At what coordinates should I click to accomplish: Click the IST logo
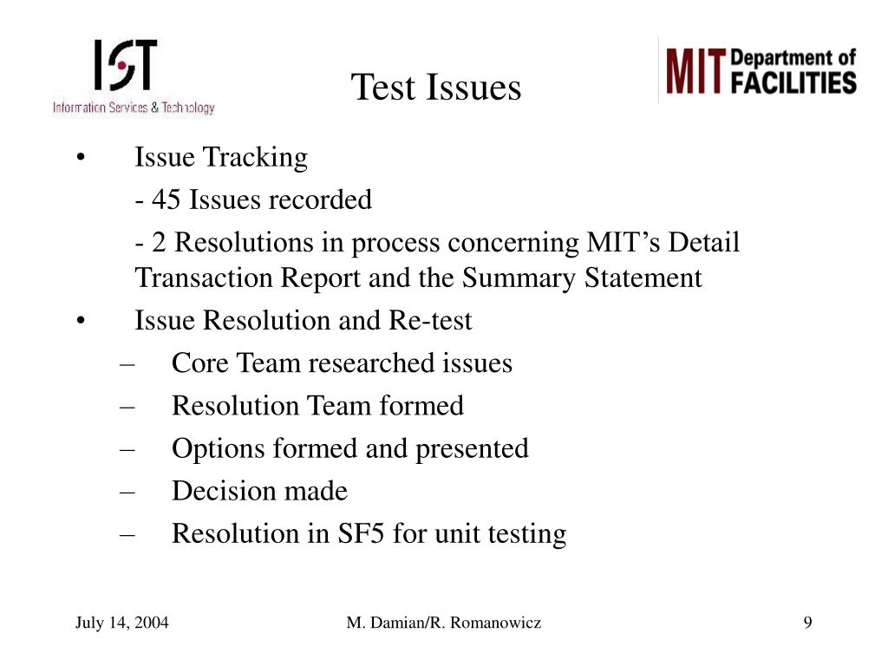click(x=133, y=76)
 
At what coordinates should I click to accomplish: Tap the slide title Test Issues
click(x=436, y=88)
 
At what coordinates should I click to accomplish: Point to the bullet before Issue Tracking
click(x=80, y=159)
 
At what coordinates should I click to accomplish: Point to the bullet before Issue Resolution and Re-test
click(x=80, y=322)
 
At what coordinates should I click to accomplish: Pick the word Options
click(x=210, y=448)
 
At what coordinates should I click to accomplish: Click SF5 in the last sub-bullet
click(x=360, y=533)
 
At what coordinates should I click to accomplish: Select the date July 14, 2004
click(x=121, y=623)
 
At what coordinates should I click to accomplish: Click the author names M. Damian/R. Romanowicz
click(x=444, y=623)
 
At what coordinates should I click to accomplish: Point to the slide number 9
click(x=807, y=623)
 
